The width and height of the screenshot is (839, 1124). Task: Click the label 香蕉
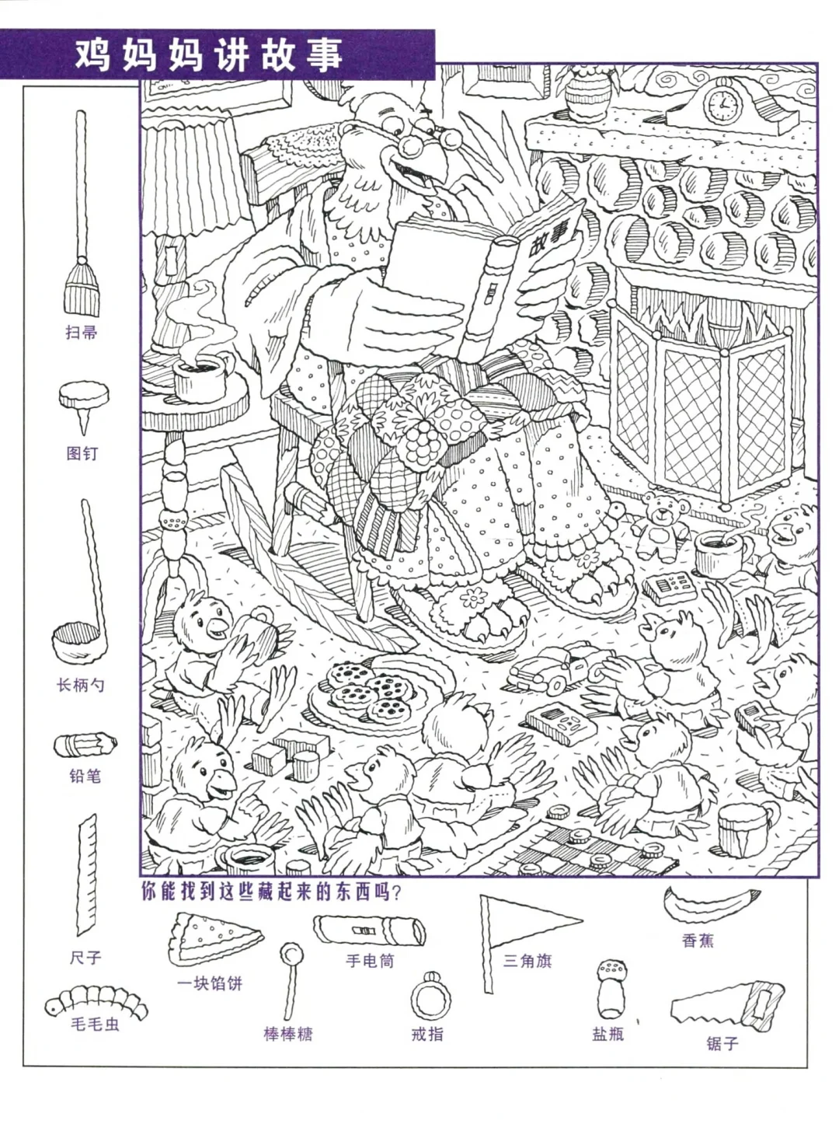[698, 941]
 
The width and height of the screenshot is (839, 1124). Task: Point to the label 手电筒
[370, 961]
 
